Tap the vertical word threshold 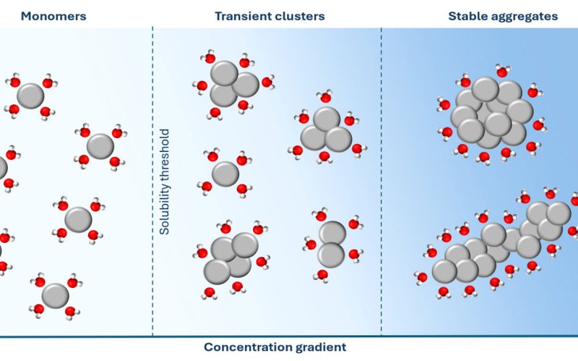[165, 154]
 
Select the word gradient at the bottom [321, 347]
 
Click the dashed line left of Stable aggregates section [381, 181]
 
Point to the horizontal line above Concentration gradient [289, 336]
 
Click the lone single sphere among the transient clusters [226, 174]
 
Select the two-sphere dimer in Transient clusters [332, 243]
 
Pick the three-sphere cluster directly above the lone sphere [233, 82]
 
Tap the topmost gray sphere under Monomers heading [30, 95]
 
